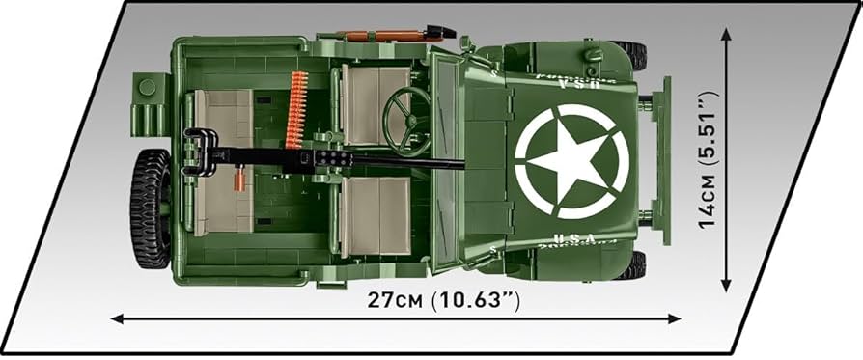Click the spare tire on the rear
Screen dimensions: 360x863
pos(151,208)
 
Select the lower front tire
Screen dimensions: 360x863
pos(630,264)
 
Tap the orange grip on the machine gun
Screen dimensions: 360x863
pos(235,178)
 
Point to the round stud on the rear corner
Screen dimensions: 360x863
pos(147,87)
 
